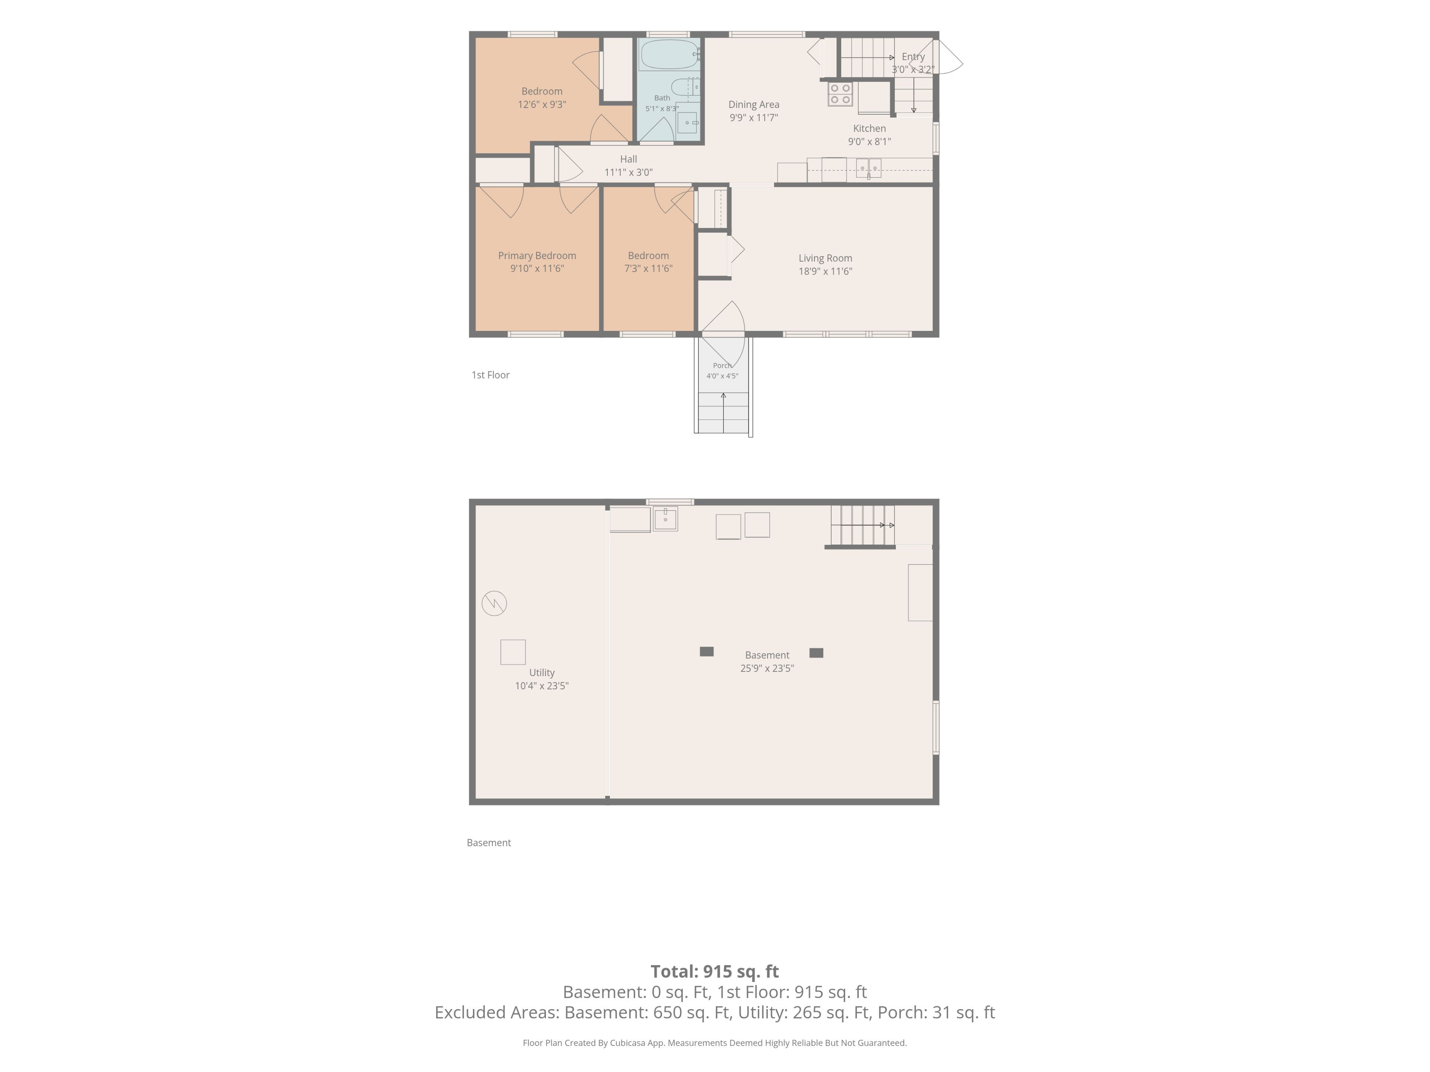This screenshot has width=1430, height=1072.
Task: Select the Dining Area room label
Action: [x=754, y=104]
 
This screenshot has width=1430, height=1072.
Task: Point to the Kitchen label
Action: [x=870, y=128]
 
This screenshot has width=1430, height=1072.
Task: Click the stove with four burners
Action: [x=840, y=94]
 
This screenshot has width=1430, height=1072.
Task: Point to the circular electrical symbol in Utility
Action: [x=494, y=603]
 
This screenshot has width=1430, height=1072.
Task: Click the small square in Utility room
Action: [x=513, y=652]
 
